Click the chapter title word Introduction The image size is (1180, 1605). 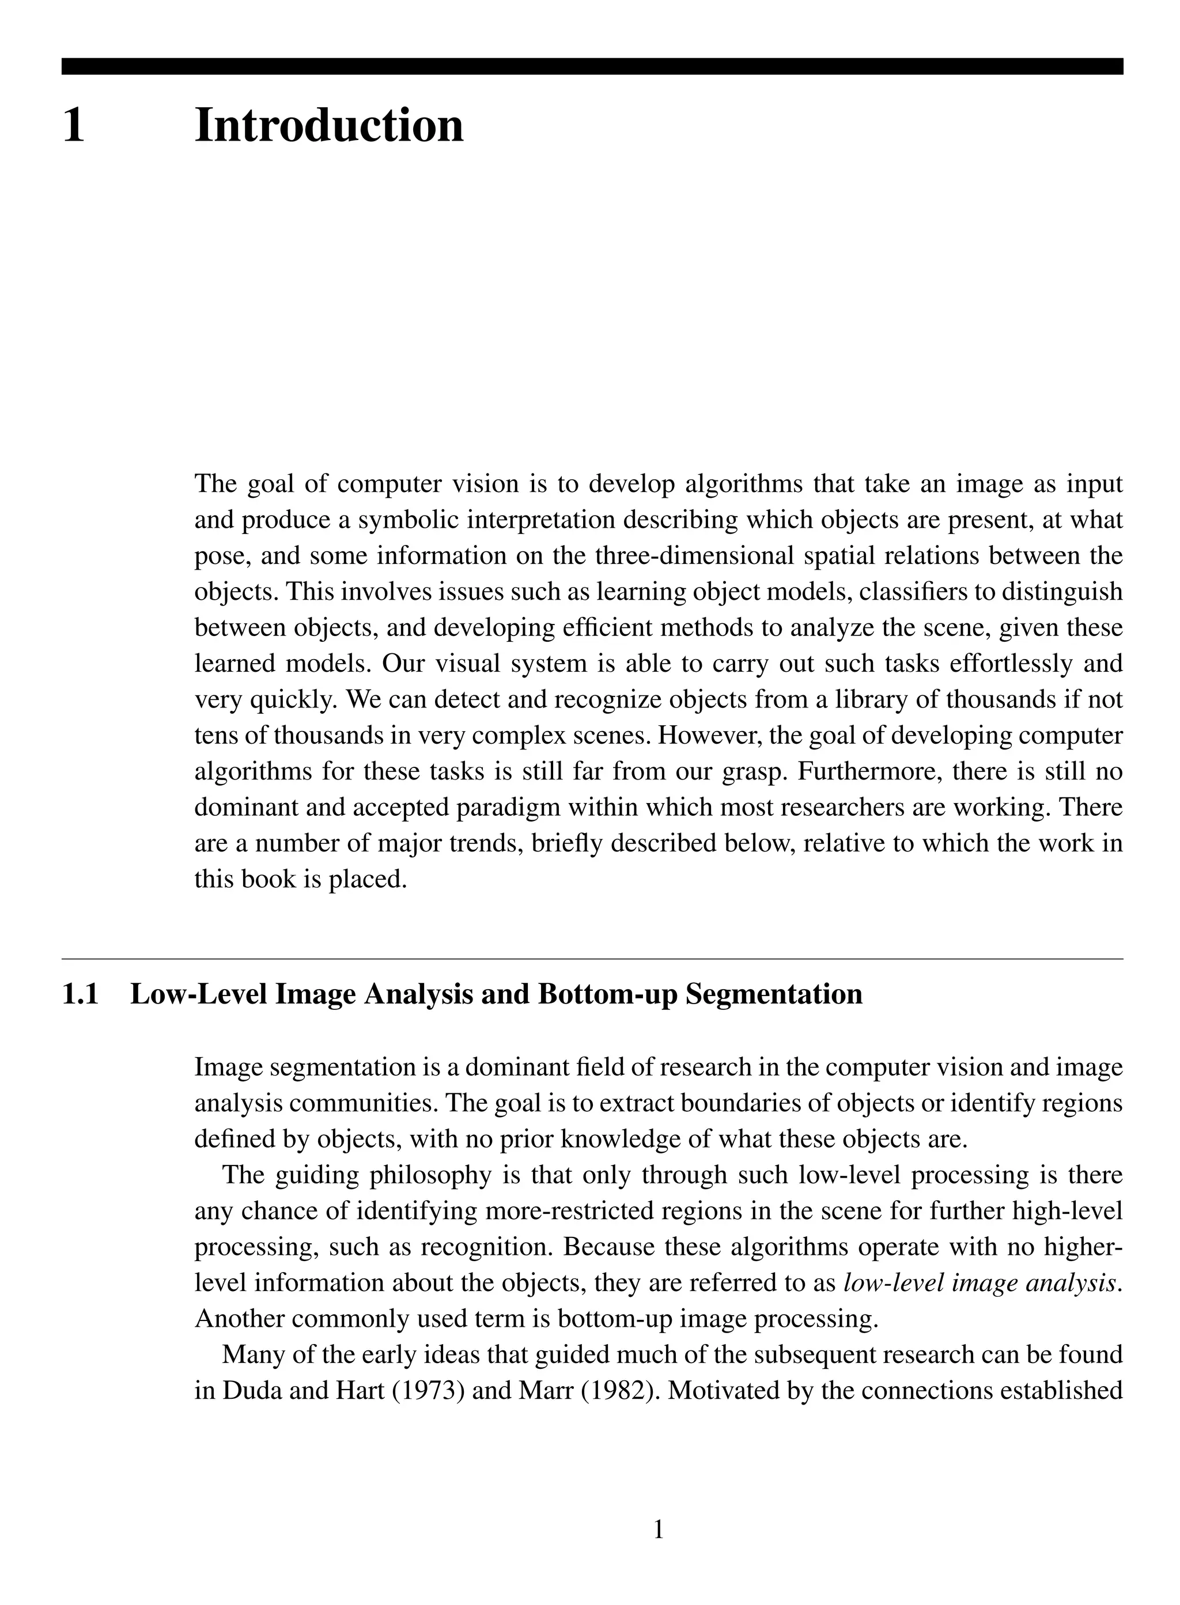[x=328, y=126]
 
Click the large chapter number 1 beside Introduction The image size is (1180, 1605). [x=74, y=126]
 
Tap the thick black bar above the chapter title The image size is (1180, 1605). [x=591, y=66]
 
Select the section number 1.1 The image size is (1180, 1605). [x=80, y=994]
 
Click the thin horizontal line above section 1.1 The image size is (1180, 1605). [x=591, y=959]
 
